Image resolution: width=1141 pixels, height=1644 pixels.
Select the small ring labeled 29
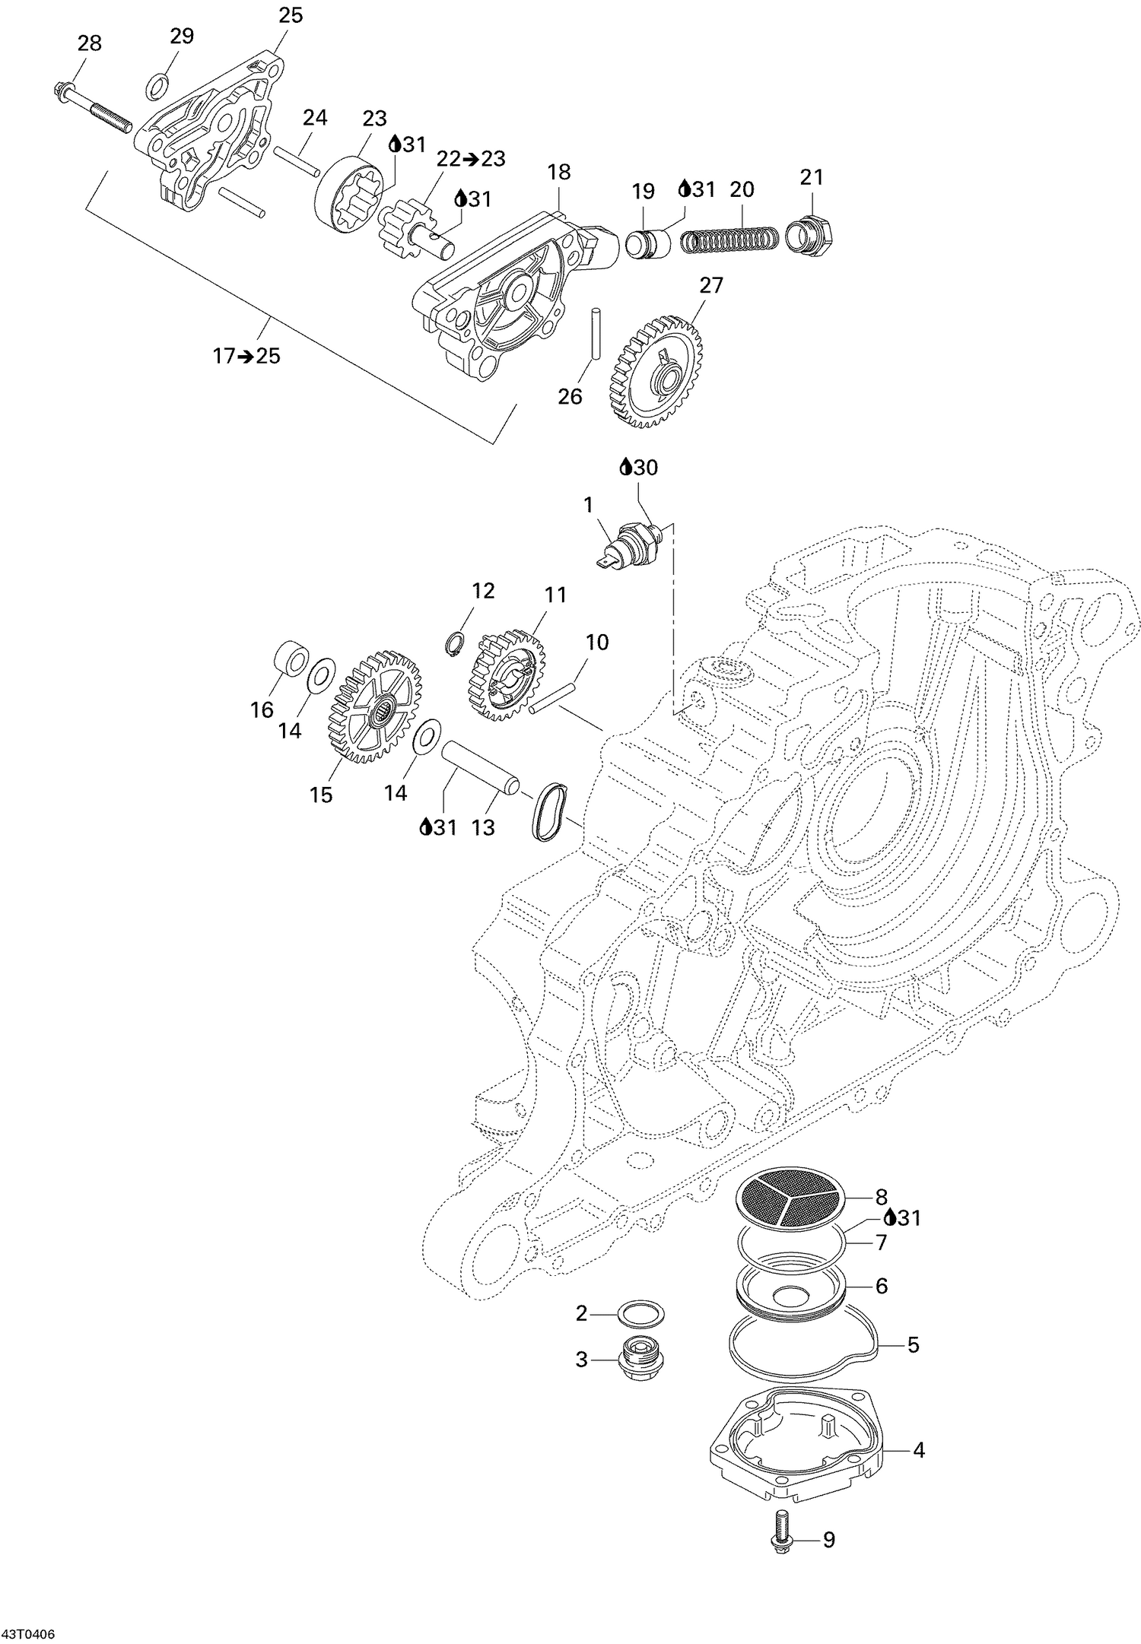point(156,86)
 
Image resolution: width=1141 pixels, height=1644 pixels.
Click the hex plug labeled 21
point(809,232)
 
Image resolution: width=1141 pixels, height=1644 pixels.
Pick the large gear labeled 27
point(655,373)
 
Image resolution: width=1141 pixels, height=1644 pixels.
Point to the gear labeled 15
point(376,706)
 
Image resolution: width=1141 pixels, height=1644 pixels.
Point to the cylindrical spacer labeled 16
point(291,658)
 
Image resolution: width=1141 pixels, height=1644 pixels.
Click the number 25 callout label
point(291,14)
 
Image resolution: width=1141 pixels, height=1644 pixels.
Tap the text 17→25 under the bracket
point(246,355)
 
